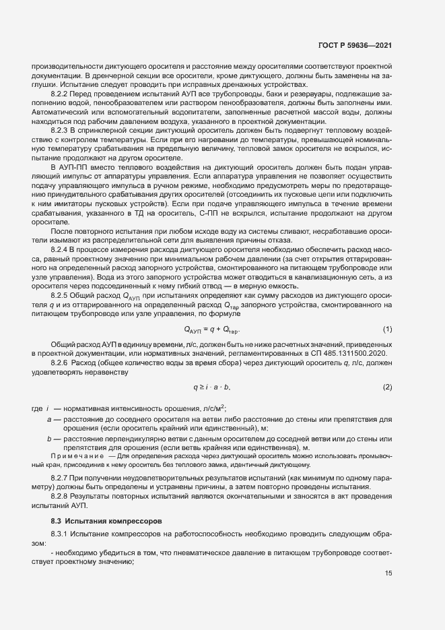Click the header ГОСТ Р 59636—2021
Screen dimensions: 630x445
[355, 45]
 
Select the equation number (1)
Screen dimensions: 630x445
[387, 329]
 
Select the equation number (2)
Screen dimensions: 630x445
[387, 387]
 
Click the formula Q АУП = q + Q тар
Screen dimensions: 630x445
[212, 330]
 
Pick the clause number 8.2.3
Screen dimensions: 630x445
[62, 129]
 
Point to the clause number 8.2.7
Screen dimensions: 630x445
[62, 478]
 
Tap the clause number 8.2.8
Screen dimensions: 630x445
[62, 497]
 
